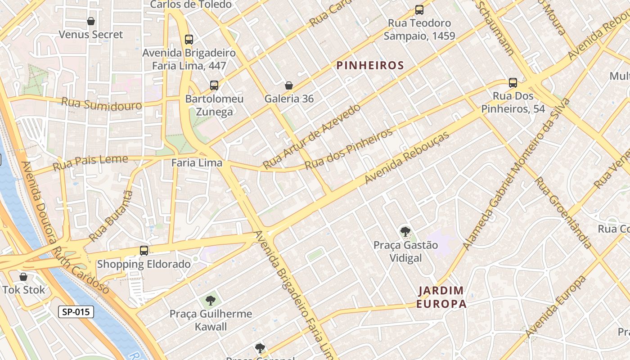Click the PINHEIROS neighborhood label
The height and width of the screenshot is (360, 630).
tap(370, 66)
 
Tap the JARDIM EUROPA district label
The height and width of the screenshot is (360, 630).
tap(441, 297)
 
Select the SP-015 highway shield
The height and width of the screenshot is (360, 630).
tap(76, 312)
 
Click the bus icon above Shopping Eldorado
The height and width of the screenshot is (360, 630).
tap(144, 251)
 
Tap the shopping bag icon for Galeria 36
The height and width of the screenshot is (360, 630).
tap(289, 85)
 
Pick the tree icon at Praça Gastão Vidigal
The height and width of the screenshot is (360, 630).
tap(405, 232)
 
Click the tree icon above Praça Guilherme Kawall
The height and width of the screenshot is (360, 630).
tap(210, 300)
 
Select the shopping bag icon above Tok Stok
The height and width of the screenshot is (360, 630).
tap(23, 277)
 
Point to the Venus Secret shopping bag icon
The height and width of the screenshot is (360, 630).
tap(91, 21)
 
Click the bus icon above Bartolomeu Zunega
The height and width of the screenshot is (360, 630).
tap(214, 85)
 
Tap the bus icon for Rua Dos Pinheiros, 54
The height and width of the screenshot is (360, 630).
tap(513, 83)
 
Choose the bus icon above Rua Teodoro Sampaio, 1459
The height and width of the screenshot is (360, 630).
tap(419, 9)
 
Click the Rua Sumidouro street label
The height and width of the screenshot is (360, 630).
tap(101, 103)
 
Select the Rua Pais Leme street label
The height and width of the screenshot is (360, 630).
tap(90, 163)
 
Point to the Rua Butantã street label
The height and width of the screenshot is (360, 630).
tap(111, 216)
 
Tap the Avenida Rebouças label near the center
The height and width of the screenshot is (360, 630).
tap(407, 157)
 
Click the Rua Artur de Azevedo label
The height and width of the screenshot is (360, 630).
tap(311, 136)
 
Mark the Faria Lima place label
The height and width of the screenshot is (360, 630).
tap(197, 163)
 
